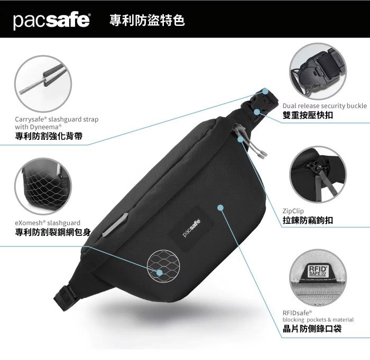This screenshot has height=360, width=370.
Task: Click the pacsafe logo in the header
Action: tap(51, 21)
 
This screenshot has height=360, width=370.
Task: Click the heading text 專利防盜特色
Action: tap(147, 20)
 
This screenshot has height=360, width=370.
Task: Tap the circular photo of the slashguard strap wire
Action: tap(43, 83)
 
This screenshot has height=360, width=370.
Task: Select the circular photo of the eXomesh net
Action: tap(43, 186)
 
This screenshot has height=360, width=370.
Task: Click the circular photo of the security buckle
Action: tap(318, 71)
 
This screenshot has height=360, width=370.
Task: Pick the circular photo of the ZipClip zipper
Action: tap(318, 175)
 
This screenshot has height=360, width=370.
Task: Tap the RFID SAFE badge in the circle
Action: tap(318, 271)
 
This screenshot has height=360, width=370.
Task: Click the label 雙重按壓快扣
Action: tap(308, 115)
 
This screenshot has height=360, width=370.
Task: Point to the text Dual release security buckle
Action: tap(325, 106)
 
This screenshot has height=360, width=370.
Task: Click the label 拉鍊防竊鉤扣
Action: tap(308, 220)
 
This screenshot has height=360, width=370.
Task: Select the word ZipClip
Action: tap(293, 211)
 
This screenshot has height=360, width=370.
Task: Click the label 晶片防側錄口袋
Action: tap(312, 329)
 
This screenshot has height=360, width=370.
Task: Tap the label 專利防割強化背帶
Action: tap(49, 136)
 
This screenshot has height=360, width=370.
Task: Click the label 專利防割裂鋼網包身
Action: tap(53, 232)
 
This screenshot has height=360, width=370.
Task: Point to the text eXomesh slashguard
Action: tap(48, 223)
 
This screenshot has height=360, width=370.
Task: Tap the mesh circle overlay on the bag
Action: tap(163, 266)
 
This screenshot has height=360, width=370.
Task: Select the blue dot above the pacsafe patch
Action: tap(220, 207)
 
